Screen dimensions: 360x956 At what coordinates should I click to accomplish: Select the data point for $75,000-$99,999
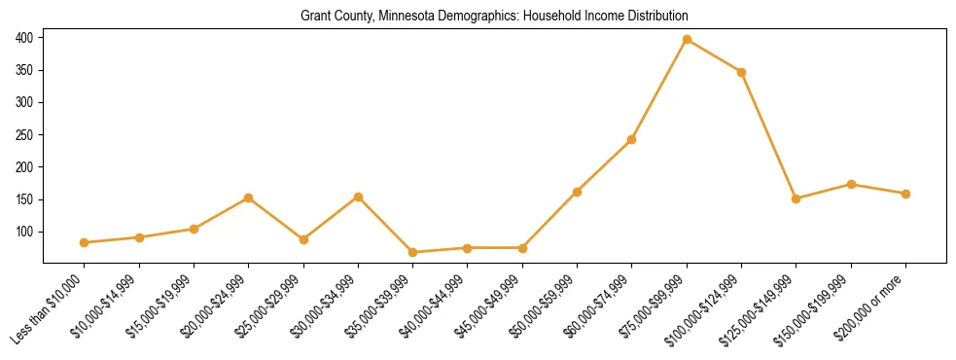pyautogui.click(x=687, y=40)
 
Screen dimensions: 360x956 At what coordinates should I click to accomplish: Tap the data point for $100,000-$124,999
pyautogui.click(x=741, y=72)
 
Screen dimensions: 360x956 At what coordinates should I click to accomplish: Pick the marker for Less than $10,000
pyautogui.click(x=85, y=242)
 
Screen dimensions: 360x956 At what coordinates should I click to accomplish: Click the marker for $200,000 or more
pyautogui.click(x=905, y=194)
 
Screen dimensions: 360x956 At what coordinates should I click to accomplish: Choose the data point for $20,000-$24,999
pyautogui.click(x=249, y=198)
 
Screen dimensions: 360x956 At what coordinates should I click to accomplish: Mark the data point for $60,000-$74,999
pyautogui.click(x=631, y=139)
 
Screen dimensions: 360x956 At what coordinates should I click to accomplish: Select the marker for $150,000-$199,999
pyautogui.click(x=851, y=184)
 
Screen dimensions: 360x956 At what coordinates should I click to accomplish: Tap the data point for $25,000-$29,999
pyautogui.click(x=303, y=239)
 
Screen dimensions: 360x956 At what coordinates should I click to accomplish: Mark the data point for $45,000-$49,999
pyautogui.click(x=522, y=248)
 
